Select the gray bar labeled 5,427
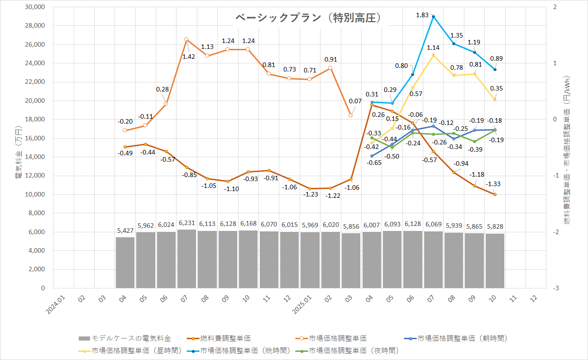pos(125,263)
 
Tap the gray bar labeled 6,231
pos(186,259)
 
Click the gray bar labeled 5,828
pos(495,261)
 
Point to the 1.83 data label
pos(422,15)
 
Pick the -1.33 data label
pos(493,184)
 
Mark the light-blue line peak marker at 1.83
pos(433,16)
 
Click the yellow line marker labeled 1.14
pos(433,55)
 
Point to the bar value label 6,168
pos(248,224)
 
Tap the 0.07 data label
pos(355,101)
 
